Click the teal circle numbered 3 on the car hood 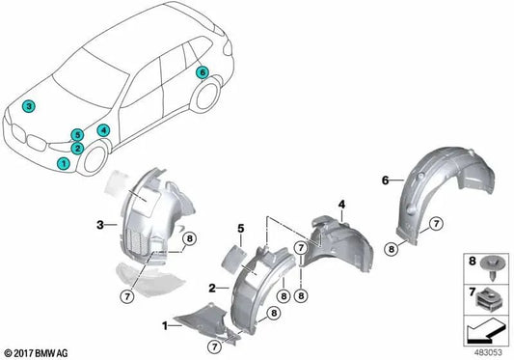(x=30, y=106)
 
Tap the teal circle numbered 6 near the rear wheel (x=203, y=73)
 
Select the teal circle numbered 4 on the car (x=103, y=129)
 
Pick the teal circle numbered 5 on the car (x=77, y=135)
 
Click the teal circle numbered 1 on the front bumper (x=64, y=164)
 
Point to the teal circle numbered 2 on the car (x=77, y=149)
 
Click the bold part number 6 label (x=384, y=180)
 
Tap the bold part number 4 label (x=340, y=203)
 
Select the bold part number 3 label (x=99, y=227)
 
